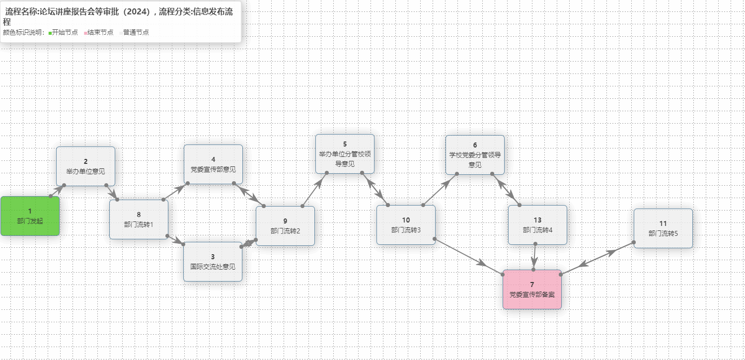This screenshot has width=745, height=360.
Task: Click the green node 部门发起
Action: click(30, 216)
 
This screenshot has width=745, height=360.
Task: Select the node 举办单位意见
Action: click(85, 166)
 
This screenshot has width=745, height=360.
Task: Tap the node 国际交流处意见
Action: click(213, 262)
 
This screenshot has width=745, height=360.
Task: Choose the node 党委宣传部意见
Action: click(213, 164)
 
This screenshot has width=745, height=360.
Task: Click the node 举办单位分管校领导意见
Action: click(345, 154)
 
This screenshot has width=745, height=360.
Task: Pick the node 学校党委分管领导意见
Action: click(475, 155)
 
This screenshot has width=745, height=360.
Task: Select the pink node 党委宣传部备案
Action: click(532, 289)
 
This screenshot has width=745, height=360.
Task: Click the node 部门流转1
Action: click(139, 219)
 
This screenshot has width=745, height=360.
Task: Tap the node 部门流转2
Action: click(285, 226)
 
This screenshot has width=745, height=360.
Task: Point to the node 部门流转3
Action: click(406, 225)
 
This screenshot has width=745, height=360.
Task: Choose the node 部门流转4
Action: click(537, 225)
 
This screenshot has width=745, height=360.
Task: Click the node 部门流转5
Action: click(663, 228)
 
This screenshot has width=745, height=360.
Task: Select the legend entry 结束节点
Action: click(100, 32)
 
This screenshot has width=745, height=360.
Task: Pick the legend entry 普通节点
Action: click(136, 32)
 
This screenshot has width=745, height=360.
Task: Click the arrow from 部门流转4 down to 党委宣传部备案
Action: click(534, 257)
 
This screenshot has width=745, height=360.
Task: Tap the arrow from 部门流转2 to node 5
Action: click(314, 189)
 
